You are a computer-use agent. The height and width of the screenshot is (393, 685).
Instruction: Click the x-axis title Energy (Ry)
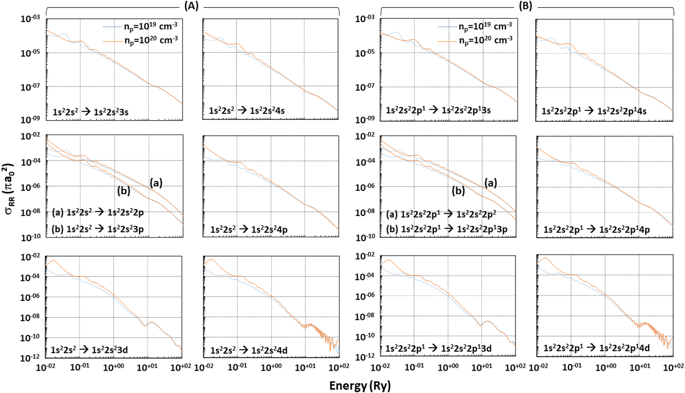tap(360, 386)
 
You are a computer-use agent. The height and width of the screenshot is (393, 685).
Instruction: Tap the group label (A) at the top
tap(191, 6)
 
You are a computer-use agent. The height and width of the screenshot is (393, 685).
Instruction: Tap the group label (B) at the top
tap(525, 6)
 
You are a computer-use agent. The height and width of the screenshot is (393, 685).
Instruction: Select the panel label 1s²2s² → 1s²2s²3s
tap(91, 112)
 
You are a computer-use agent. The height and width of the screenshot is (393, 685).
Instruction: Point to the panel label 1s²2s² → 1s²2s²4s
tap(247, 111)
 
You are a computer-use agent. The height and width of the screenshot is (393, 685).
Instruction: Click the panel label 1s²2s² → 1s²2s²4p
tap(249, 229)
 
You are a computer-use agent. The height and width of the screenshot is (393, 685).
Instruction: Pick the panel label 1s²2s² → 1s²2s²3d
tap(89, 350)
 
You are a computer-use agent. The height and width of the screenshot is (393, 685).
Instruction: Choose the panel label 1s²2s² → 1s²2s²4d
tap(249, 350)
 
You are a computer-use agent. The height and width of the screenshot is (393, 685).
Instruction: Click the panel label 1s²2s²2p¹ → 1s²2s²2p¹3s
tap(438, 110)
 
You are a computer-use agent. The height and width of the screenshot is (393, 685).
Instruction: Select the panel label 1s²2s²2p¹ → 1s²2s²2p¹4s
tap(594, 111)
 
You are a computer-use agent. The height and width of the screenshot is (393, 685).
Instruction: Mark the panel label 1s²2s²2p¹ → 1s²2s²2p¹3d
tap(438, 348)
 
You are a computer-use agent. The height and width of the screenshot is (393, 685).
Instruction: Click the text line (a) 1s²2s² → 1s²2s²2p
tap(98, 213)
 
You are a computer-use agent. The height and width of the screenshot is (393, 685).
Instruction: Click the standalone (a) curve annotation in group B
tap(490, 183)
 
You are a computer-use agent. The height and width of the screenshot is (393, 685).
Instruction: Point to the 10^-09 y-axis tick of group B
tap(364, 120)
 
